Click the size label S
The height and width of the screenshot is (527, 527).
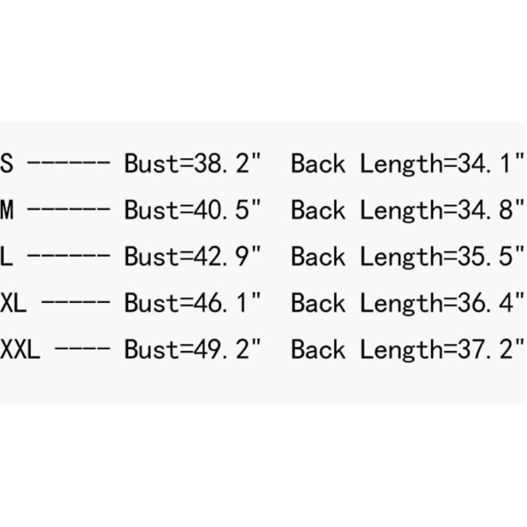[x=7, y=163]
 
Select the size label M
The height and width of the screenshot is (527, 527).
[x=7, y=209]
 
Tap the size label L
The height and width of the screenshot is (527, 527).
[x=6, y=256]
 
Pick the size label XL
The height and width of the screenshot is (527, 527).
[x=13, y=302]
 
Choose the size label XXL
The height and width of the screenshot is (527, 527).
[x=20, y=348]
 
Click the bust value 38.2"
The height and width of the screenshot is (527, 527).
[x=227, y=163]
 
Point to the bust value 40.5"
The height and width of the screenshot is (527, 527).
[x=227, y=209]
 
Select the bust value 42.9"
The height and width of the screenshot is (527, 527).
[x=227, y=256]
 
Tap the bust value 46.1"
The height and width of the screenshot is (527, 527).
[x=227, y=302]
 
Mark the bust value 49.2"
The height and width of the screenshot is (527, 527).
[x=227, y=348]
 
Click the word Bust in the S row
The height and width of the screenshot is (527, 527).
[x=152, y=163]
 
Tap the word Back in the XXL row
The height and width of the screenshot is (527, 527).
[x=318, y=349]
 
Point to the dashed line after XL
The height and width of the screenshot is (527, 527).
[x=75, y=301]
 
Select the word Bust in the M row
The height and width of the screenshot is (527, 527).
[x=152, y=209]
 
